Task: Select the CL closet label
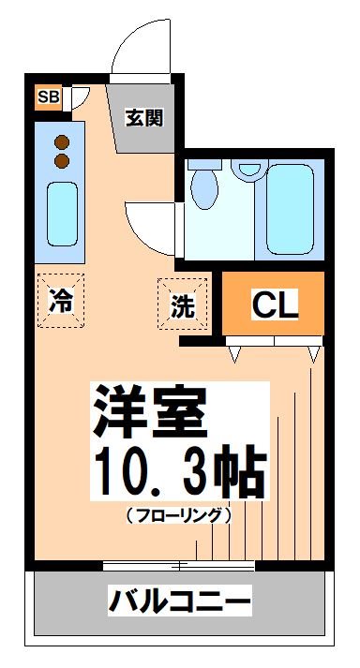click(x=274, y=304)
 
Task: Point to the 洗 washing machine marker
click(x=181, y=305)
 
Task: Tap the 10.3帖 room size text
click(x=178, y=473)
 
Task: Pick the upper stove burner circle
click(x=63, y=141)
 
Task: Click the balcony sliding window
click(x=178, y=565)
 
